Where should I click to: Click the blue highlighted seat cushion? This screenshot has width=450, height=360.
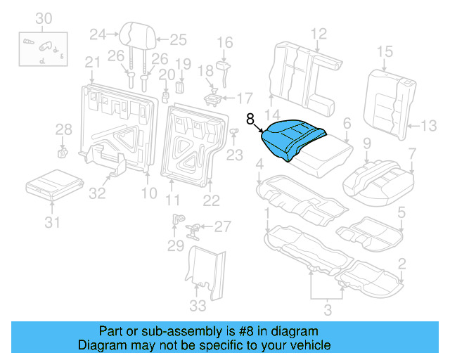pyautogui.click(x=291, y=138)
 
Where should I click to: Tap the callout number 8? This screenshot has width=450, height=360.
pyautogui.click(x=251, y=120)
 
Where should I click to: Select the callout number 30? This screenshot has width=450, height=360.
pyautogui.click(x=44, y=18)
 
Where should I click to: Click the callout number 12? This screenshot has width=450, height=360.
pyautogui.click(x=319, y=32)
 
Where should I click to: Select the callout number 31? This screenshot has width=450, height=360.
pyautogui.click(x=51, y=224)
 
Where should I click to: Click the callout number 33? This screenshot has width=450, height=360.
pyautogui.click(x=198, y=305)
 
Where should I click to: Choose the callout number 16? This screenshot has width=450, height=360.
pyautogui.click(x=224, y=44)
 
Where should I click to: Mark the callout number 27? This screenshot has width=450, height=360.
pyautogui.click(x=222, y=226)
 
